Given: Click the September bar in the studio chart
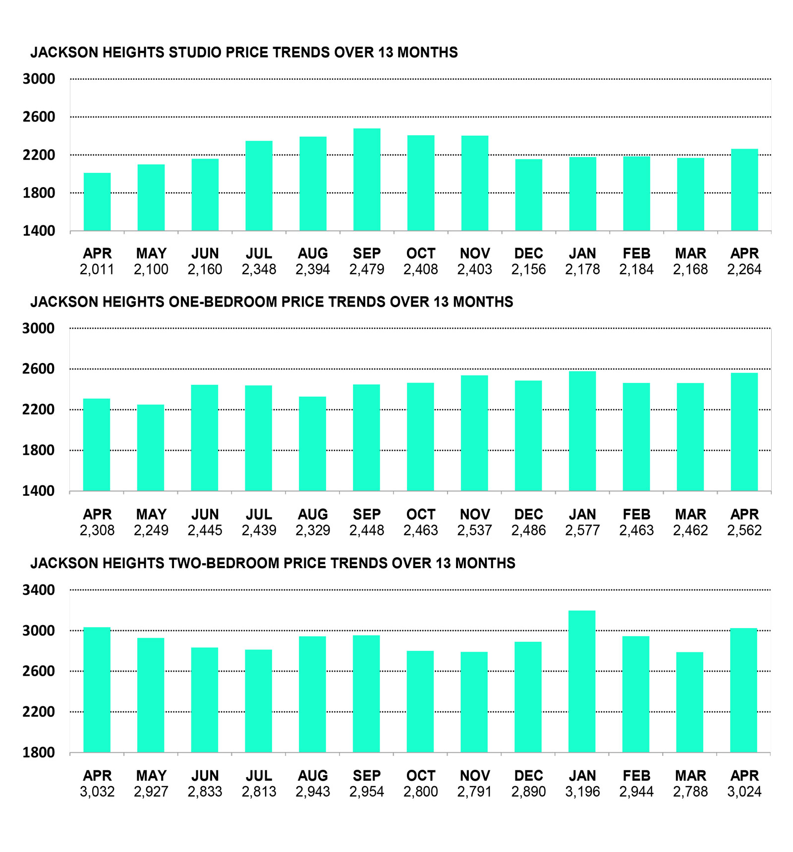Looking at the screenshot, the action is [x=367, y=180].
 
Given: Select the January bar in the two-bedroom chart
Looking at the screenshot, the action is [x=582, y=682].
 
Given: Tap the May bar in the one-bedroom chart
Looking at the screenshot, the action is [x=151, y=448].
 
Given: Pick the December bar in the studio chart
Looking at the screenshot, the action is [x=528, y=195].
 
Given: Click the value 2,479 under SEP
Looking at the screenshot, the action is [x=367, y=269].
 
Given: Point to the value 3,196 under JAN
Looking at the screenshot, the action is [x=582, y=792].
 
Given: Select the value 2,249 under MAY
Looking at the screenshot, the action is [x=151, y=531].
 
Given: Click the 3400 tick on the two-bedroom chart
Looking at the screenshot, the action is [x=39, y=590].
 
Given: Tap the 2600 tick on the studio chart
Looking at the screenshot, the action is [x=39, y=117].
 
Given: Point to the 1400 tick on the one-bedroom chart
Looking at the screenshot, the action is [x=39, y=491].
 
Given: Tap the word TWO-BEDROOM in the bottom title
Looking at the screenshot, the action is [x=221, y=563].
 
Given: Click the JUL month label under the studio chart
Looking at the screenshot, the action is [x=259, y=254].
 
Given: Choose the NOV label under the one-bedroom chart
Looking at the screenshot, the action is [x=475, y=515].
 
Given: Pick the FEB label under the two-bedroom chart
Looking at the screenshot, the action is [x=636, y=776].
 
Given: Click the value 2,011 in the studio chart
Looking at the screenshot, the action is [x=97, y=269].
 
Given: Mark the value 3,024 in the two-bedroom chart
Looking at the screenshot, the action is [x=744, y=792].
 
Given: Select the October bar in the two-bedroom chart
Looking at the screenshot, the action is [x=420, y=702].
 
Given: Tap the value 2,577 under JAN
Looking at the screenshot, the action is [x=582, y=531].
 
